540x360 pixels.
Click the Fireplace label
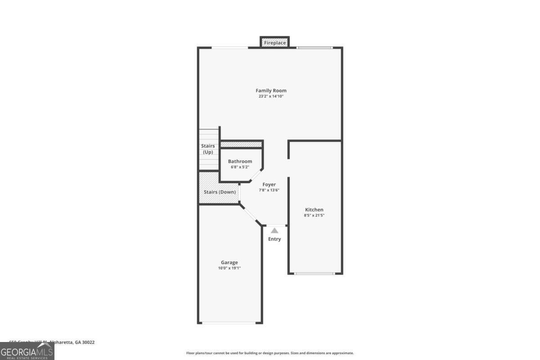(x=274, y=43)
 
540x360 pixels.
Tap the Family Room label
(x=271, y=90)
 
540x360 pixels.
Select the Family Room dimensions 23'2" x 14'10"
(x=271, y=96)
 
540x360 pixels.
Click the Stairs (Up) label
(x=207, y=149)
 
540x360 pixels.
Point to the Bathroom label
(x=240, y=161)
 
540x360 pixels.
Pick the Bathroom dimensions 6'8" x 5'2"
(x=240, y=167)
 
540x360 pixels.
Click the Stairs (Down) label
(x=220, y=192)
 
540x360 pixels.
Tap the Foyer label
(x=269, y=184)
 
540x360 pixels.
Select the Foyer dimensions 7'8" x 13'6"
(x=269, y=190)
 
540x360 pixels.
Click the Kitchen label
(x=314, y=210)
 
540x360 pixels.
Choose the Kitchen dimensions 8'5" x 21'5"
(x=314, y=216)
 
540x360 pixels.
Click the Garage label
(x=229, y=262)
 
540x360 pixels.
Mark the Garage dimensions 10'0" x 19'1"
(x=229, y=268)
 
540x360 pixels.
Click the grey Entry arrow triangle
(x=274, y=230)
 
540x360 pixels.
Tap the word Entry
(x=274, y=239)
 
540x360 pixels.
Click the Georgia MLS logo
(x=27, y=351)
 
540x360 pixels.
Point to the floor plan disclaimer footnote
(x=270, y=353)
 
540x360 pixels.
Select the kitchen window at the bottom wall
(x=315, y=273)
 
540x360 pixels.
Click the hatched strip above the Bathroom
(x=241, y=144)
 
